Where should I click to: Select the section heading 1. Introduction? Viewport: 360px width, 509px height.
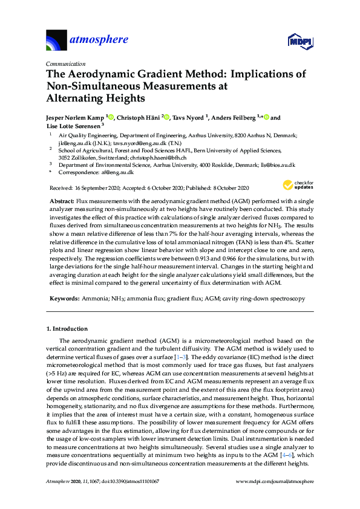coord(67,329)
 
